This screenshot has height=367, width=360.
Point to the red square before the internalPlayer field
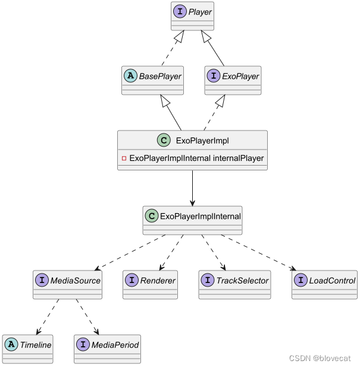pyautogui.click(x=124, y=158)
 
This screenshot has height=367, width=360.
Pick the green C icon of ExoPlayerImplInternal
pyautogui.click(x=152, y=216)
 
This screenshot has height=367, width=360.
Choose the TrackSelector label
pyautogui.click(x=242, y=280)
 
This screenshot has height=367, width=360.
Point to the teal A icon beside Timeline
pyautogui.click(x=11, y=344)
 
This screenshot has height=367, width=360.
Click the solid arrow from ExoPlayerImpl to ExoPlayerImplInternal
pyautogui.click(x=192, y=188)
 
